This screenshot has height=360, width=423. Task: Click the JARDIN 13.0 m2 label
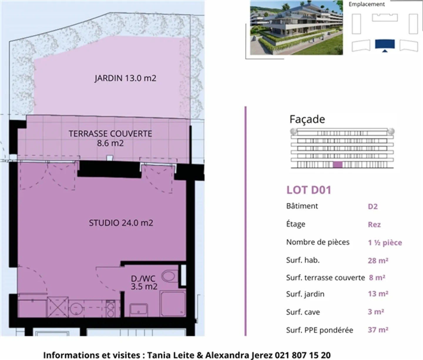point(125,78)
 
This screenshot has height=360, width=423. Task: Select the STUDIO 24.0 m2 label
point(121,223)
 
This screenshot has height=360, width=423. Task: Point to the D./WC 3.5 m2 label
point(144,282)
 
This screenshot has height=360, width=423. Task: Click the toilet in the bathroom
point(169,276)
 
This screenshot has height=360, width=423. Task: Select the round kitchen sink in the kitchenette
point(76,308)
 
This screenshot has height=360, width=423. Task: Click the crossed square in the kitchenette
point(58,307)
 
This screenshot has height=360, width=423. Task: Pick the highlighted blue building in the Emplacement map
point(385,44)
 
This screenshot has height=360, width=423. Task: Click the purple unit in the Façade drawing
point(338,165)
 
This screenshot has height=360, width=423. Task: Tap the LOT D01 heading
point(309,190)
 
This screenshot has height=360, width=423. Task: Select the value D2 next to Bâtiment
point(372,206)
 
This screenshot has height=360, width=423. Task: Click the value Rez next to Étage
point(374,225)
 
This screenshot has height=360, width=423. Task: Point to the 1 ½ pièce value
point(385,243)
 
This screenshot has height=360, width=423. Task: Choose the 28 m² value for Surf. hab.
point(378,260)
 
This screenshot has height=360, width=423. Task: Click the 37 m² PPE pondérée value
point(378,330)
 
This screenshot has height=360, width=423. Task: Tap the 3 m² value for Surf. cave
point(376,312)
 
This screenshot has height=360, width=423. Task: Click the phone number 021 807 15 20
point(303,355)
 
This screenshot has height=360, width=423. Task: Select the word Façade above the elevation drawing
point(307,119)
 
